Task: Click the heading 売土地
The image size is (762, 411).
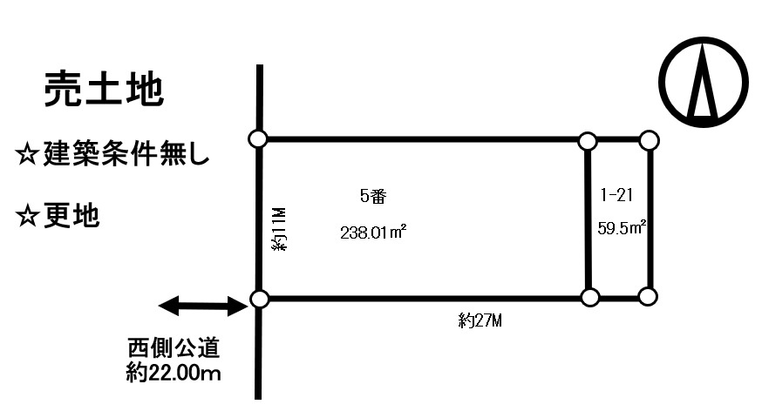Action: (104, 89)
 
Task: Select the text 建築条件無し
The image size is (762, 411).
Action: (126, 154)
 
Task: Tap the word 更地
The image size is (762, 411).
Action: (71, 215)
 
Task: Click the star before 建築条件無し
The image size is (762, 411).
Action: (27, 155)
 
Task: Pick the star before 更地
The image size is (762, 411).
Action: (27, 216)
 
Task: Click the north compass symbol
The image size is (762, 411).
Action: (704, 82)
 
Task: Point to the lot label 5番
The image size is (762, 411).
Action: (373, 196)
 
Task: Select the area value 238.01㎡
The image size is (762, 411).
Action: (373, 232)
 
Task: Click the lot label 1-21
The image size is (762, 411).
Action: (616, 195)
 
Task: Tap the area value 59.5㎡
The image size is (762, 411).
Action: (622, 227)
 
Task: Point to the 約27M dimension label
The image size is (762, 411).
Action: (480, 320)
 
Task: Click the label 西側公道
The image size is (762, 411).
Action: (173, 348)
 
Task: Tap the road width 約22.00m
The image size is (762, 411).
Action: (173, 373)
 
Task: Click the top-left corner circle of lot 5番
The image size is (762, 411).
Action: (257, 138)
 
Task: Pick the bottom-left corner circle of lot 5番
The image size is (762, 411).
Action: (259, 299)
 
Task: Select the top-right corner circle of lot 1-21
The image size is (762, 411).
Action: (650, 141)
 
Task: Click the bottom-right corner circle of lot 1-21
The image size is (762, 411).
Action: (648, 296)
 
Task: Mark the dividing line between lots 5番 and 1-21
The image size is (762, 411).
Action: (588, 219)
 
